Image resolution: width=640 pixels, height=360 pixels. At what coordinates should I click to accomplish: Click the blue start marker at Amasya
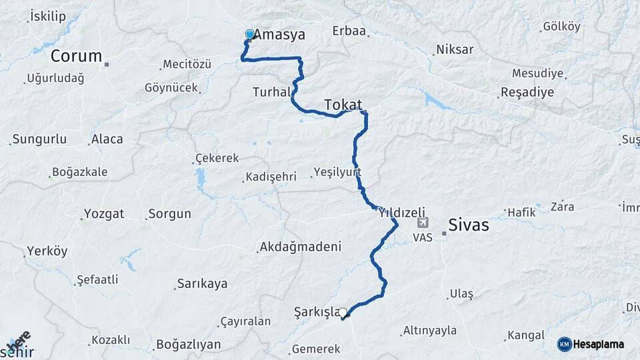pos(250,34)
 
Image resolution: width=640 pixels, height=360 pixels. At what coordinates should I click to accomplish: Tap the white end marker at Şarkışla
pos(343,312)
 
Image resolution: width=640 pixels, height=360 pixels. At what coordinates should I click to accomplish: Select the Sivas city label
pos(468,225)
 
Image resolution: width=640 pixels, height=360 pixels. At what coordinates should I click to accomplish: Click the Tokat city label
pos(343,105)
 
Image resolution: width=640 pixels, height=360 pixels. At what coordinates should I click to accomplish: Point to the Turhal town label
pos(271,92)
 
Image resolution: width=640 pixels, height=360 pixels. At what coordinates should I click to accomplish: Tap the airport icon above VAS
pos(422,223)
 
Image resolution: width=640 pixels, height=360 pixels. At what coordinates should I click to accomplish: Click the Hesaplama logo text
pos(598,344)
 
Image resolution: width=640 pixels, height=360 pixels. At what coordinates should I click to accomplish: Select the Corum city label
pos(76,56)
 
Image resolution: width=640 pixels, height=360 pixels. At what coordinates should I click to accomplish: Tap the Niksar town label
pos(455,49)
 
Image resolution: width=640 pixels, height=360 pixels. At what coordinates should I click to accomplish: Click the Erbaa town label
pos(349,31)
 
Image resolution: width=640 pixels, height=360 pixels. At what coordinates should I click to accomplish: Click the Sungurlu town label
pos(40,139)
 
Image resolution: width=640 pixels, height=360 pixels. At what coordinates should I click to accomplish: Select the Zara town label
pos(562,207)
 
